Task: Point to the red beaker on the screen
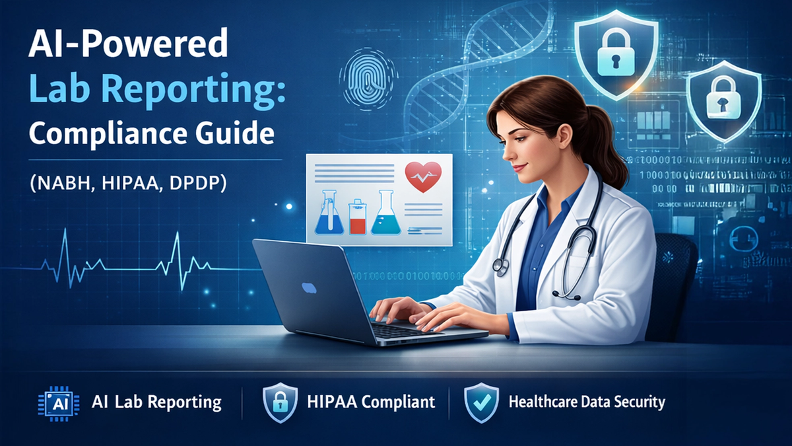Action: tap(356, 218)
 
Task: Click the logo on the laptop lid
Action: tap(309, 287)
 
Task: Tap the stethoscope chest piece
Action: tap(501, 266)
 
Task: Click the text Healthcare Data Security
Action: tap(587, 401)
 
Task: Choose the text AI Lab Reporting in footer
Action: tap(156, 402)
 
